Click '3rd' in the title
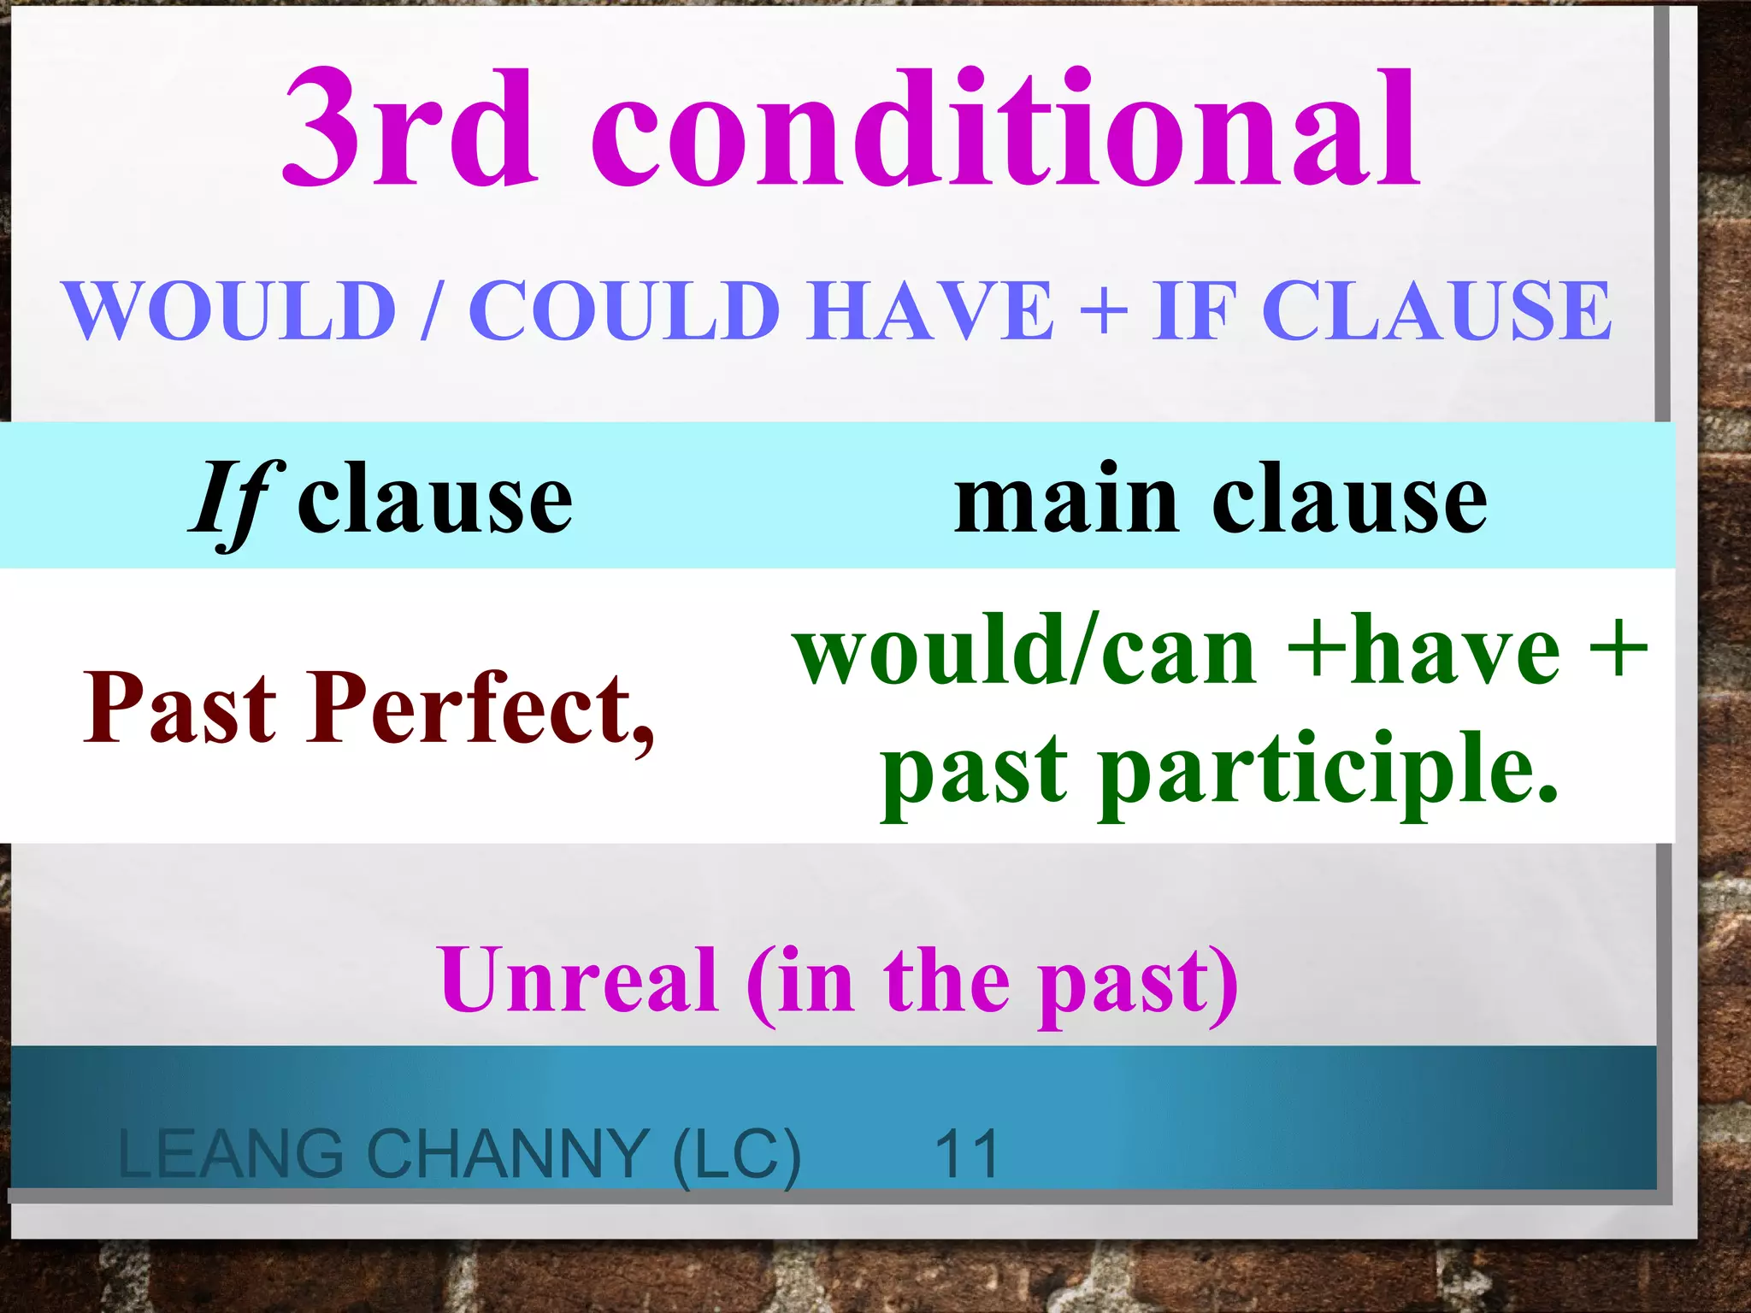pyautogui.click(x=410, y=128)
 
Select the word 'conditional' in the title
pyautogui.click(x=1005, y=128)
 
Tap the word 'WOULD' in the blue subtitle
pyautogui.click(x=231, y=311)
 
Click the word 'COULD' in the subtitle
pyautogui.click(x=624, y=311)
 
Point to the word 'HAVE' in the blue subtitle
pyautogui.click(x=931, y=311)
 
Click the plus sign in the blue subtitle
pyautogui.click(x=1104, y=311)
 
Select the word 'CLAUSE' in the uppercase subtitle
pyautogui.click(x=1436, y=311)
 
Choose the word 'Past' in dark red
pyautogui.click(x=180, y=708)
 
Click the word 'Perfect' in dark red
pyautogui.click(x=479, y=708)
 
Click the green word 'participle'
pyautogui.click(x=1329, y=769)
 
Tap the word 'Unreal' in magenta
pyautogui.click(x=578, y=980)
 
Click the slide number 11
pyautogui.click(x=967, y=1154)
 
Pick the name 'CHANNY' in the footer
pyautogui.click(x=508, y=1154)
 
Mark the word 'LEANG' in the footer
pyautogui.click(x=231, y=1154)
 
